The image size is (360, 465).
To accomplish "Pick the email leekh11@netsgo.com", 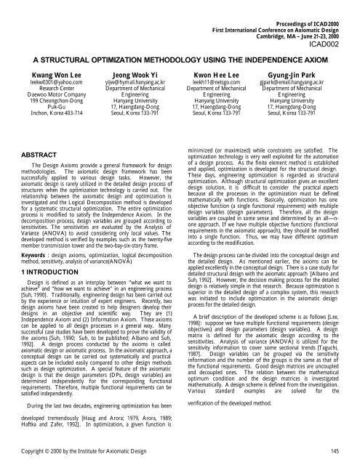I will point(226,83).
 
